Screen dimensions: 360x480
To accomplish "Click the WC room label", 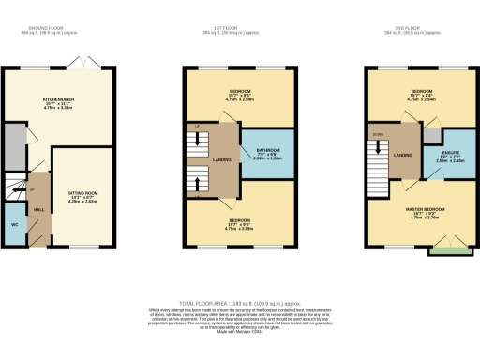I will pyautogui.click(x=15, y=226).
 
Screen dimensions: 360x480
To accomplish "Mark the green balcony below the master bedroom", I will pyautogui.click(x=444, y=250).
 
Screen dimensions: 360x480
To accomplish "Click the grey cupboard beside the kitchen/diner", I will pyautogui.click(x=14, y=144).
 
